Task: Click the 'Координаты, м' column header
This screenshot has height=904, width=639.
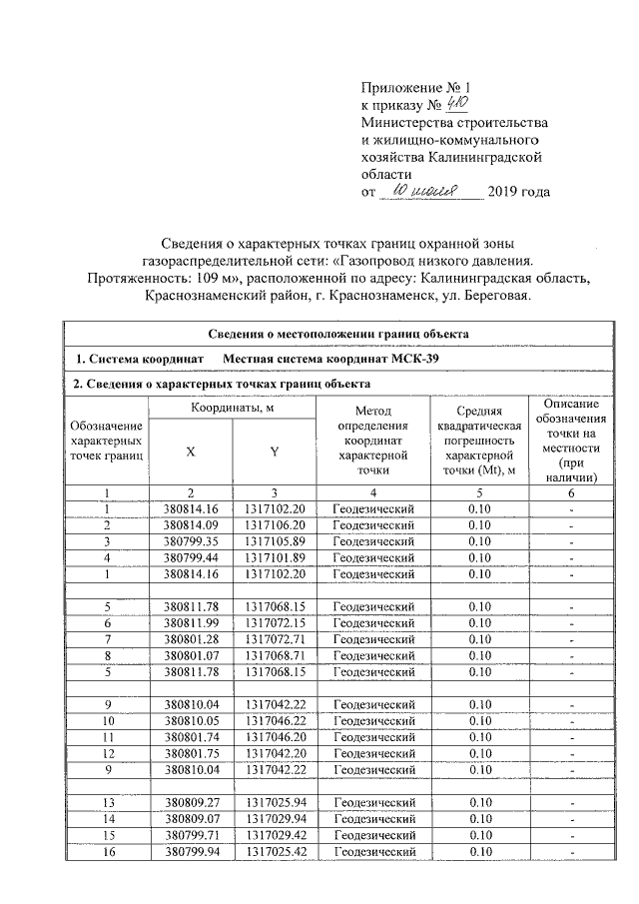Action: [x=232, y=408]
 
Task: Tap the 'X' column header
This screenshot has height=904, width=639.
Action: [x=190, y=450]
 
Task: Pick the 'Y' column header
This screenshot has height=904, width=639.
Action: [x=274, y=450]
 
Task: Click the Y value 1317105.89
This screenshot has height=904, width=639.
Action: [x=274, y=541]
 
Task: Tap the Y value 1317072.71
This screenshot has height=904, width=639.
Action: [x=274, y=638]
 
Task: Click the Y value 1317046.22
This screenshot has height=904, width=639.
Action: [x=274, y=720]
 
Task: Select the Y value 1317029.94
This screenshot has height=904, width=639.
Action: [x=274, y=818]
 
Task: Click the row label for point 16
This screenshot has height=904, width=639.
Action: [x=106, y=850]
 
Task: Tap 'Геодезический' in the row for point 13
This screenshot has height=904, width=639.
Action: [x=372, y=802]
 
